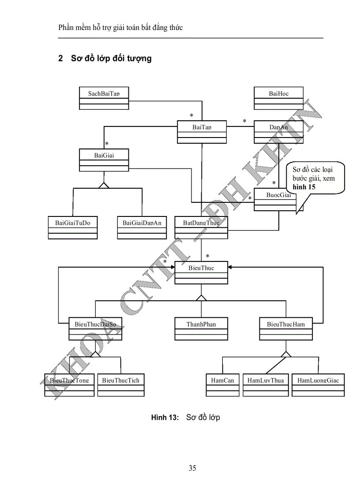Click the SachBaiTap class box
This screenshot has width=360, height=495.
[x=104, y=98]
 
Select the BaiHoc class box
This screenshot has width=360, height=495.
[x=278, y=98]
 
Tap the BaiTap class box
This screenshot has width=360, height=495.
[x=202, y=132]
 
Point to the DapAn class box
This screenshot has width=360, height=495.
[x=278, y=132]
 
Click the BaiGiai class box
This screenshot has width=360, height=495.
[x=104, y=160]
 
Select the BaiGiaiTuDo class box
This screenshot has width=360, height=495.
[x=73, y=227]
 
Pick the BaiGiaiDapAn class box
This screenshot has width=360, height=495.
[x=142, y=227]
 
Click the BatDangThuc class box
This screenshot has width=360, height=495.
[x=202, y=227]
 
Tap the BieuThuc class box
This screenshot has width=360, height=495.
[x=202, y=272]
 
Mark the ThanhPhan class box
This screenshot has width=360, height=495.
[x=201, y=329]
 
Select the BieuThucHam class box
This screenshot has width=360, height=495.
[x=286, y=329]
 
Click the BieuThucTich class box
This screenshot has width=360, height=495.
[x=121, y=385]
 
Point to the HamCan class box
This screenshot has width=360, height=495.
[x=222, y=385]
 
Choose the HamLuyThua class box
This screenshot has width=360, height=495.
[x=266, y=385]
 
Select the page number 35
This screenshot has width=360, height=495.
[x=192, y=468]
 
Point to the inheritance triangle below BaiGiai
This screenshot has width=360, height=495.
[x=104, y=185]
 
